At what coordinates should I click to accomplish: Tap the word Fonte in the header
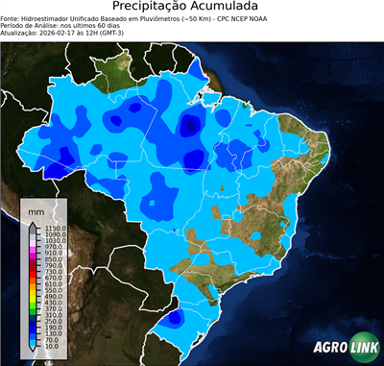12,17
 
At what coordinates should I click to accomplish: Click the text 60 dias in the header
114,25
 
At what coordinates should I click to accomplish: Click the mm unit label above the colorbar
36,209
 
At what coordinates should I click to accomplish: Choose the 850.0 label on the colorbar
50,259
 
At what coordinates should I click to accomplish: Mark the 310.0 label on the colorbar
50,315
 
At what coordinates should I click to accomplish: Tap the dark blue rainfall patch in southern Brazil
175,318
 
